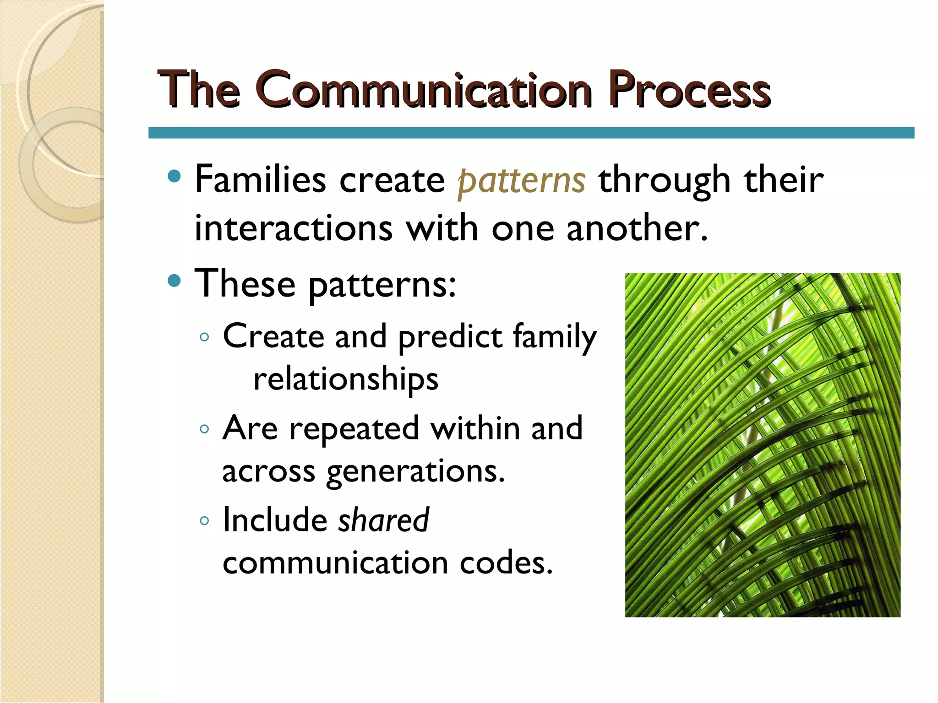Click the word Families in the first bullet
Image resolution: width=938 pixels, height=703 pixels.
click(x=260, y=179)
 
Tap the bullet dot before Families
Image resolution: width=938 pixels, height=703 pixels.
click(x=175, y=176)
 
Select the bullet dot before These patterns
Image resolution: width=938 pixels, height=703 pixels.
click(x=175, y=280)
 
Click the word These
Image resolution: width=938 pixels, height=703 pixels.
click(x=245, y=284)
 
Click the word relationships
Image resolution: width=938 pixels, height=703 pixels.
click(x=346, y=380)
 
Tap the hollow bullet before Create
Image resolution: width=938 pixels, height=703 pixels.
click(x=205, y=338)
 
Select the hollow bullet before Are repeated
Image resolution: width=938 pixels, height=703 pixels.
click(x=205, y=429)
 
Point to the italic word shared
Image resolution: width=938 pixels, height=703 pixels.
click(x=383, y=520)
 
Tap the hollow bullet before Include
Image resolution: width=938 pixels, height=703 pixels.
click(x=205, y=521)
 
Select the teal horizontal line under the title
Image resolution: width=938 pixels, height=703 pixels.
click(x=531, y=133)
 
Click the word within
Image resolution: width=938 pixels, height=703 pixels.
click(x=475, y=429)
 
